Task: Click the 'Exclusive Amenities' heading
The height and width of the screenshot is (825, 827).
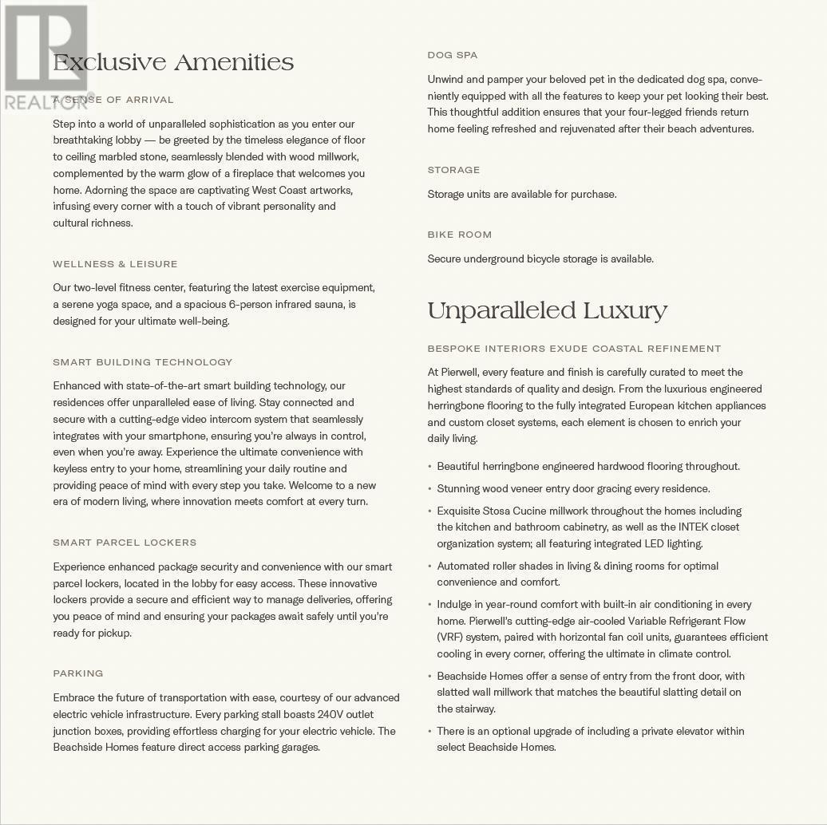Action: coord(173,63)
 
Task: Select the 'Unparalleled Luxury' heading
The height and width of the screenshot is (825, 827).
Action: coord(547,311)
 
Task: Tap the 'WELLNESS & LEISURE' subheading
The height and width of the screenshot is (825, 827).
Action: coord(115,264)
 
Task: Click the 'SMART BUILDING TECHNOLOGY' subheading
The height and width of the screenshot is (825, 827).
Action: coord(142,362)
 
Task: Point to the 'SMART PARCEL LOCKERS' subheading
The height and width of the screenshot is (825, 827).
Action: coord(125,543)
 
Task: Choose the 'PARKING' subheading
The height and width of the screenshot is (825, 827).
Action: coord(78,673)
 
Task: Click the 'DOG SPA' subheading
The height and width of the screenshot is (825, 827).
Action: coord(452,55)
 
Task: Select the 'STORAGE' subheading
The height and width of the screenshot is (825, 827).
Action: coord(453,170)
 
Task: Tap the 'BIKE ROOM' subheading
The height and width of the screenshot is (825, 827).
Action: coord(459,235)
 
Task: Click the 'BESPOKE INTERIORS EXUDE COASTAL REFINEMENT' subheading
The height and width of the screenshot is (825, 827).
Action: coord(574,349)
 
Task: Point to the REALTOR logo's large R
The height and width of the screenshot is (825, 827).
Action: coord(46,48)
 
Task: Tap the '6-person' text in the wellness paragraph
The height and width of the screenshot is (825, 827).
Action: coord(250,305)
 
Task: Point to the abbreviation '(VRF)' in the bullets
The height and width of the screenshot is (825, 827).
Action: coord(450,637)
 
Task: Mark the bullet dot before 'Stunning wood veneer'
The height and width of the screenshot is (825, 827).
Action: coord(429,489)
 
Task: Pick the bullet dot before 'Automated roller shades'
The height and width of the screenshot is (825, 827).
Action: coord(429,566)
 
